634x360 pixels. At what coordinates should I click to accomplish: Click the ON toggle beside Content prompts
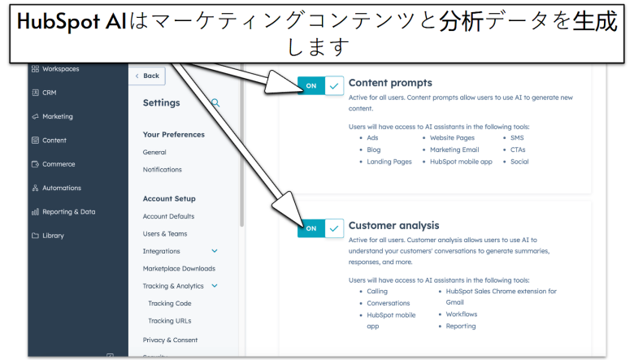click(x=320, y=85)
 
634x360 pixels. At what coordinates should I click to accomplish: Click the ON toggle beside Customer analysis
click(x=320, y=228)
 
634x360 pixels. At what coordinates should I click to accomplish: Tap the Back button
click(x=147, y=76)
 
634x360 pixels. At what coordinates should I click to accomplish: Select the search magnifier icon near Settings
click(x=215, y=103)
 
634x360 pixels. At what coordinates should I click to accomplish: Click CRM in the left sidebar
click(x=50, y=93)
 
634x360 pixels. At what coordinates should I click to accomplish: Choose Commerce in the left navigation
click(x=59, y=164)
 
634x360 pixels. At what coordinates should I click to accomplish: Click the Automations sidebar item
click(x=61, y=188)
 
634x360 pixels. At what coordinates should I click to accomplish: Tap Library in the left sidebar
click(x=53, y=236)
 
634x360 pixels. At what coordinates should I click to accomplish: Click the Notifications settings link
click(x=163, y=170)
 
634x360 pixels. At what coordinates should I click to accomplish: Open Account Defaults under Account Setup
click(x=168, y=216)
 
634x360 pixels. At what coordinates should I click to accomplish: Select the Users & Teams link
click(x=165, y=234)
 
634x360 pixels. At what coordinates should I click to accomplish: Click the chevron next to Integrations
click(x=215, y=251)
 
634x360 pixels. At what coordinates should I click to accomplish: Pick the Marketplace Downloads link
click(x=179, y=269)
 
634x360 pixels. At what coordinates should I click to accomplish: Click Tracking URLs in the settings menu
click(x=170, y=321)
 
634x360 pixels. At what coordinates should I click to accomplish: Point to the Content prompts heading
click(x=390, y=83)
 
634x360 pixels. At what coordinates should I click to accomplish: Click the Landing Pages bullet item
click(x=389, y=162)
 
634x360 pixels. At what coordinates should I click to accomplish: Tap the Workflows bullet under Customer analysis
click(x=462, y=314)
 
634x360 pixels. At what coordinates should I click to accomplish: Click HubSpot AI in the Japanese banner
click(x=71, y=22)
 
